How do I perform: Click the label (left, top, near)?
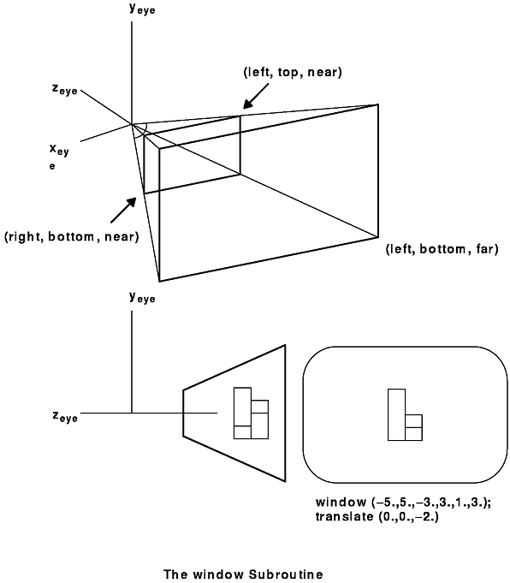293,72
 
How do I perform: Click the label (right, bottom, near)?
71,237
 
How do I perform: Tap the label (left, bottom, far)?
442,249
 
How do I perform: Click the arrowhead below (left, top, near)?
248,103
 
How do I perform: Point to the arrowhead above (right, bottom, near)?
131,203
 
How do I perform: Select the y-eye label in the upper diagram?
142,9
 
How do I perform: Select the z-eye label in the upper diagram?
65,90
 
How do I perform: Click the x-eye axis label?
59,156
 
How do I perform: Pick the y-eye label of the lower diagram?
142,297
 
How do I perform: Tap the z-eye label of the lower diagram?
65,416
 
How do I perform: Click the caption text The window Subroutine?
244,574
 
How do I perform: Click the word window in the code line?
341,503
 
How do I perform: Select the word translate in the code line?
345,516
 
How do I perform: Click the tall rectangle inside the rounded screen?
396,414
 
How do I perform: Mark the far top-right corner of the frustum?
378,104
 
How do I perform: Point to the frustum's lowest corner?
159,281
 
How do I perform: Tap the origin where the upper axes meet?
132,124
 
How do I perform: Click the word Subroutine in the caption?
286,574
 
